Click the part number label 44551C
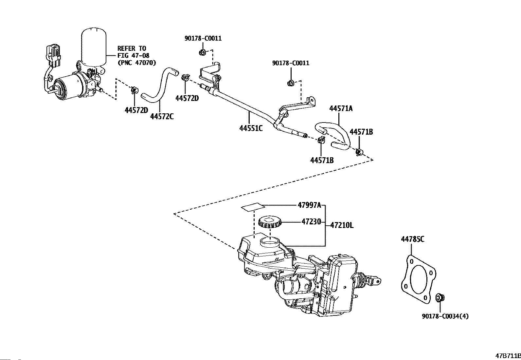coord(251,128)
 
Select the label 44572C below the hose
coord(162,116)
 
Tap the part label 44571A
coord(341,108)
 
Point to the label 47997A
coord(309,205)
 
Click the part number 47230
coord(311,221)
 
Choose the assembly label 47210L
coord(342,225)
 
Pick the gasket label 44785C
coord(413,239)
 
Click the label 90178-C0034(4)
coord(445,316)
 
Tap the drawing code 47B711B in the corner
coord(508,356)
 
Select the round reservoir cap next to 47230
coord(270,222)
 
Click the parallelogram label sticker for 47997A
coord(253,207)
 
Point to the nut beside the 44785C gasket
coord(440,297)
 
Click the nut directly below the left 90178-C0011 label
coord(202,52)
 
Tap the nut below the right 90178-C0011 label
coord(291,83)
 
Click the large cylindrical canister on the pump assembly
coord(94,46)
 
